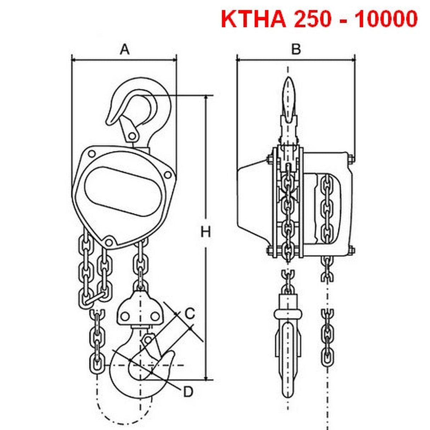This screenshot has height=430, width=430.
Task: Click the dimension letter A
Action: click(124, 50)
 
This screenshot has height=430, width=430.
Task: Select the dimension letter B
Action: click(296, 50)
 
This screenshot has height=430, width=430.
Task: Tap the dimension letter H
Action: click(206, 232)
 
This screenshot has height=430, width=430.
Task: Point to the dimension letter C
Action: click(190, 313)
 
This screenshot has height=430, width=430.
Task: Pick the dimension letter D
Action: click(188, 392)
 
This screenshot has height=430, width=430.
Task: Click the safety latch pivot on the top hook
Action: click(132, 136)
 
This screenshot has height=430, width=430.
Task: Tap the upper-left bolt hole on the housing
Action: click(92, 154)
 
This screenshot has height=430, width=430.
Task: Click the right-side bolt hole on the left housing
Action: click(167, 174)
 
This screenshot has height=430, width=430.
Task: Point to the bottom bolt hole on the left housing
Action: click(109, 242)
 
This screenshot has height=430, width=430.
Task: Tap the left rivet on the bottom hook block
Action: click(125, 316)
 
